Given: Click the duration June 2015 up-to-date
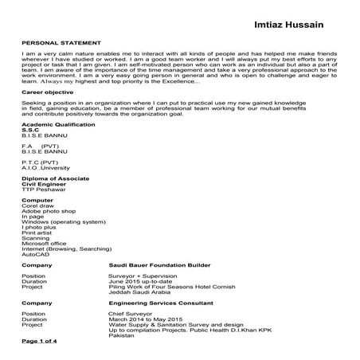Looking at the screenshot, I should [140, 281].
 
